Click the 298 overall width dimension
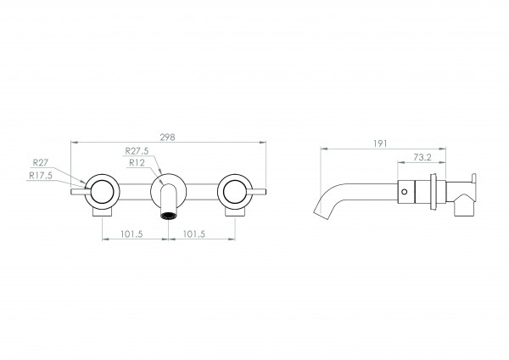[x=167, y=138]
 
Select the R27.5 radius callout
[x=137, y=151]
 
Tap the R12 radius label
[x=137, y=162]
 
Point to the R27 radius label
[x=41, y=162]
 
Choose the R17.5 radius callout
[x=41, y=176]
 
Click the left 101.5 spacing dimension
[x=131, y=234]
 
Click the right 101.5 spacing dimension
[x=194, y=234]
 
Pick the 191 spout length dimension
[x=380, y=143]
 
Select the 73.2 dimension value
[x=422, y=157]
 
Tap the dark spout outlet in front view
[x=168, y=216]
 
